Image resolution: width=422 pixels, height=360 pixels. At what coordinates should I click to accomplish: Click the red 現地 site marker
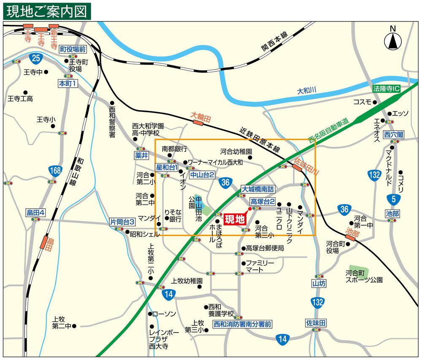click(234, 219)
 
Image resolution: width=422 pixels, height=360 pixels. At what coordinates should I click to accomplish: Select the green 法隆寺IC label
click(386, 89)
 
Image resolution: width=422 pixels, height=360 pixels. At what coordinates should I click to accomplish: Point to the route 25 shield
click(36, 58)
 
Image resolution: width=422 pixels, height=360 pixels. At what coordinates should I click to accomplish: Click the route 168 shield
click(55, 171)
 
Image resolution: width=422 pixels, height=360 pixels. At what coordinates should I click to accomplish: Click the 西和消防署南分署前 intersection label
click(242, 324)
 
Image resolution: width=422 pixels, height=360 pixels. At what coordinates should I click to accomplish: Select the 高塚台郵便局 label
click(265, 248)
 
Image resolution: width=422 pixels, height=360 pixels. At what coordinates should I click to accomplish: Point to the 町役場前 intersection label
click(73, 49)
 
